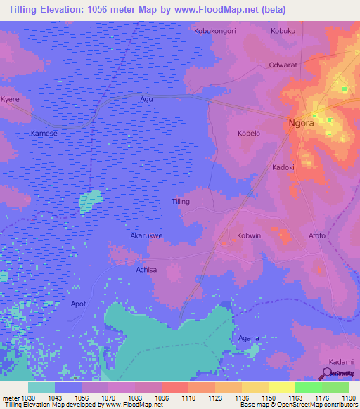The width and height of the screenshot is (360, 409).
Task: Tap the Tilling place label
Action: (181, 202)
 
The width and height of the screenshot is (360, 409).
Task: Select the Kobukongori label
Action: (214, 31)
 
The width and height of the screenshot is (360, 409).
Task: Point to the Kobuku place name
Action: (283, 31)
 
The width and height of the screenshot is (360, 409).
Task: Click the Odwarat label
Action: (284, 65)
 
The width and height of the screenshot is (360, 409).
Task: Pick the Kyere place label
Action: (10, 99)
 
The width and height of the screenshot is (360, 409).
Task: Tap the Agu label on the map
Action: (146, 99)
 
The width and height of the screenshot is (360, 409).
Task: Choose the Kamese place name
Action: (44, 133)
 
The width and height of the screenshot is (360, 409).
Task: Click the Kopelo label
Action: (249, 133)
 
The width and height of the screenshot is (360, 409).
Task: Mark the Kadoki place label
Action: (283, 167)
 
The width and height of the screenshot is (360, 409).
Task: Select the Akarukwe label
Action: (146, 236)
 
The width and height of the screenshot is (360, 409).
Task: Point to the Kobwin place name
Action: (249, 236)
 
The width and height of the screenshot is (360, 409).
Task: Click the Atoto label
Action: (317, 235)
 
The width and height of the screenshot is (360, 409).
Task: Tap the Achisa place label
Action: (146, 270)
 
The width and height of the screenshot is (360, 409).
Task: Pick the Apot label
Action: (78, 304)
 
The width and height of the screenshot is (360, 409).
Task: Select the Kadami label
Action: (341, 361)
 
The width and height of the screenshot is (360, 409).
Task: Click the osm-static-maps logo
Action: (341, 373)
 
